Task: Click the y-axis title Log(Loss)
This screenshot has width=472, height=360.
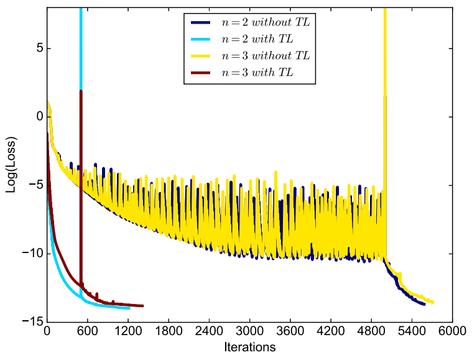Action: point(11,164)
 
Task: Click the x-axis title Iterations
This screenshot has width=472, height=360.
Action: point(249,347)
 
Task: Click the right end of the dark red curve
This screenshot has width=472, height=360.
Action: point(143,306)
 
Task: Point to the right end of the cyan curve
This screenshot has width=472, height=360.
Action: point(129,308)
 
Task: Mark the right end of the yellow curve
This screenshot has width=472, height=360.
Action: point(433,302)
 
